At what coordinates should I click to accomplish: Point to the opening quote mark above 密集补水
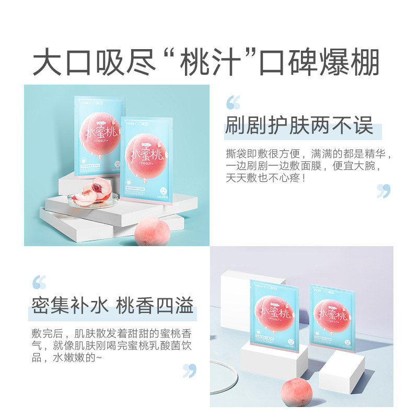39,282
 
